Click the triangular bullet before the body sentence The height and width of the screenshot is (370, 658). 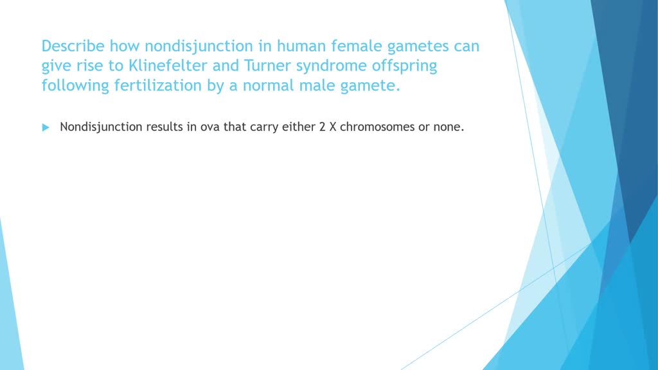pyautogui.click(x=46, y=127)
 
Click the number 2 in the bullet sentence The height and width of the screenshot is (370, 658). pyautogui.click(x=323, y=127)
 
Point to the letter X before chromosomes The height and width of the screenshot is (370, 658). pyautogui.click(x=333, y=127)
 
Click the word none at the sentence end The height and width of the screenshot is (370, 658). pyautogui.click(x=448, y=127)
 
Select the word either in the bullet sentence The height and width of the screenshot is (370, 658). pyautogui.click(x=299, y=127)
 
